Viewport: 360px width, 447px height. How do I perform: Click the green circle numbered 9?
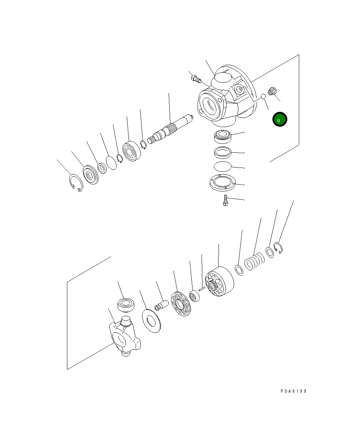point(279,119)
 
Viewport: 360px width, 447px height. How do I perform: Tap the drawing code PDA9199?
point(293,391)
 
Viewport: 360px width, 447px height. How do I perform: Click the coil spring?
point(254,262)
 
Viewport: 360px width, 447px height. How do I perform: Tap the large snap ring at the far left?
point(76,183)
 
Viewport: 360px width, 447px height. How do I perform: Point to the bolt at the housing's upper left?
point(196,78)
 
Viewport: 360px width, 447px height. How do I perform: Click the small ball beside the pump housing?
point(263,96)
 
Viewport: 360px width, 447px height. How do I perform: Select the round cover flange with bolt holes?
point(222,182)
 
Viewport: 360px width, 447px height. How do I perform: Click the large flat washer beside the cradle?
point(151,321)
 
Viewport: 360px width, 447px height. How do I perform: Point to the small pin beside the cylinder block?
point(202,289)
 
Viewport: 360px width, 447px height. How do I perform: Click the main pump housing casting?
point(224,98)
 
